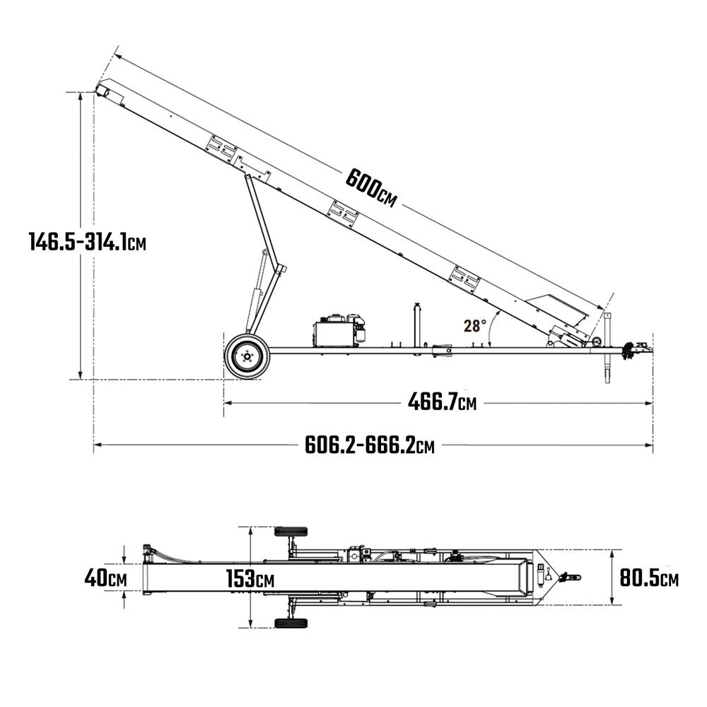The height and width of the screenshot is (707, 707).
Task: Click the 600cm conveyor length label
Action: click(x=371, y=188)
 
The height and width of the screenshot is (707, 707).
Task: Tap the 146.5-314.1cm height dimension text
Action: click(x=88, y=241)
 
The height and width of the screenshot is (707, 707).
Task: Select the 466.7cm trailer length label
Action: click(x=442, y=402)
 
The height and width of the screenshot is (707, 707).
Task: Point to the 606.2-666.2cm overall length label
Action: click(x=370, y=445)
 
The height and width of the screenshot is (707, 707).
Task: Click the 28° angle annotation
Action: click(x=475, y=325)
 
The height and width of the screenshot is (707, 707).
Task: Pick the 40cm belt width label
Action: click(x=105, y=578)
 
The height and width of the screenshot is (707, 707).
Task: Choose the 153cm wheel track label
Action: click(x=250, y=578)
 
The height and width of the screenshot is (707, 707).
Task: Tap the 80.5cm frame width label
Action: click(x=649, y=578)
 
